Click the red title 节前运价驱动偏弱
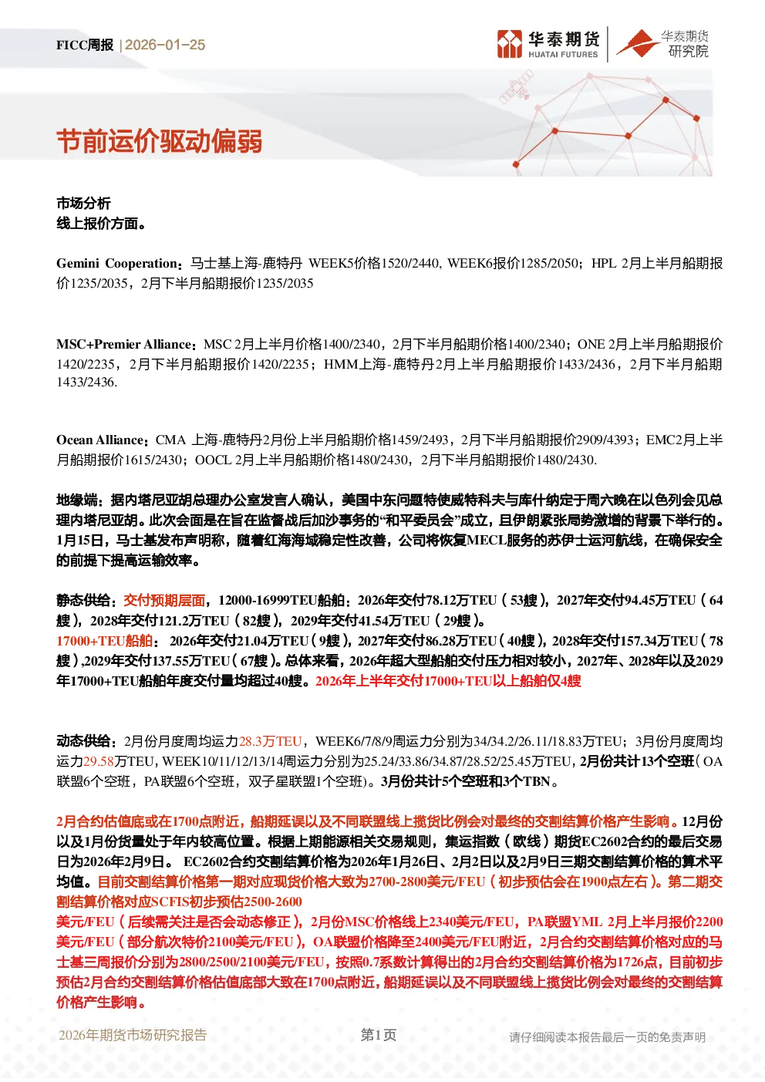[160, 142]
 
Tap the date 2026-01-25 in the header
[165, 45]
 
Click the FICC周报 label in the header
[85, 45]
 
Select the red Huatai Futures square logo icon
[510, 43]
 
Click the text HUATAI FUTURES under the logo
[563, 54]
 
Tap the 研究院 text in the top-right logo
[688, 51]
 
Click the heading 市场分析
[83, 204]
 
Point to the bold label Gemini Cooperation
[117, 263]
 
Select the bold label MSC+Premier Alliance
[124, 344]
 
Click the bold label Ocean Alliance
[100, 440]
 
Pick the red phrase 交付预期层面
[164, 600]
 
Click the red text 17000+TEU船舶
[104, 641]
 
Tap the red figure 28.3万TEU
[270, 741]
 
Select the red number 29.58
[99, 761]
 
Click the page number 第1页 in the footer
[379, 1035]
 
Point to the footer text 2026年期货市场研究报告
[133, 1035]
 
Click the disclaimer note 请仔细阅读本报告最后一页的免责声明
[607, 1037]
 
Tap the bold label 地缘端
[77, 500]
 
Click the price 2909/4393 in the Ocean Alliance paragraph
[605, 440]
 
